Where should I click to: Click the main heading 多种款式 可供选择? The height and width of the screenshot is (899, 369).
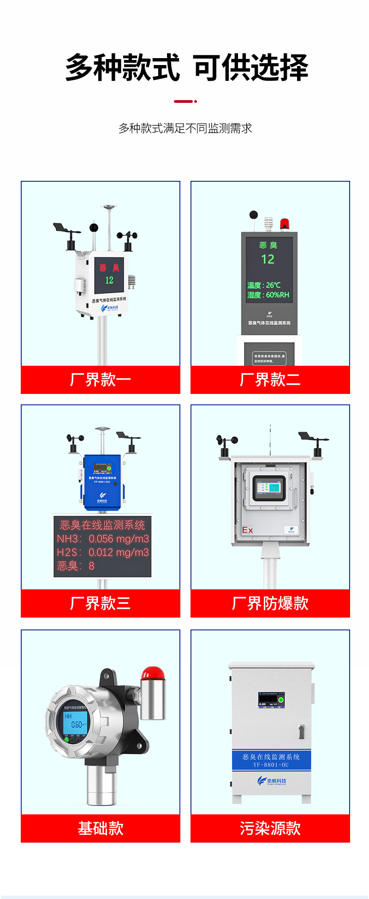[x=186, y=67]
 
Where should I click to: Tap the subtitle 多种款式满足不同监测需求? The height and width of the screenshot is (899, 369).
[x=185, y=128]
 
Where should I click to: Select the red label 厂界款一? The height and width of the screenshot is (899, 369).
[x=101, y=380]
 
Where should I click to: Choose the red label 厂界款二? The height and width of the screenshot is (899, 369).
[x=270, y=380]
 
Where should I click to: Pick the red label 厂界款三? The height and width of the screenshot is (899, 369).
[x=101, y=603]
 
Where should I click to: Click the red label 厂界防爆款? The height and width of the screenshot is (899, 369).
[x=270, y=603]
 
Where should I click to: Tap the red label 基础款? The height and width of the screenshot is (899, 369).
[x=101, y=828]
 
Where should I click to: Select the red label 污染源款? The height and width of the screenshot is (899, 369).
[x=270, y=828]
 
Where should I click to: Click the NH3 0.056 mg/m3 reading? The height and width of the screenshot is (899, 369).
[x=103, y=539]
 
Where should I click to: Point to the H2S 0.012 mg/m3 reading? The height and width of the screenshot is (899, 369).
[x=103, y=552]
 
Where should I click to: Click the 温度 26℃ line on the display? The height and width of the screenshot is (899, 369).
[x=264, y=285]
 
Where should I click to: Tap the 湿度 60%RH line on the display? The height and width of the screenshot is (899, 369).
[x=268, y=295]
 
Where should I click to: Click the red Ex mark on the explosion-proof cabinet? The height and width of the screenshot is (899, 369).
[x=248, y=530]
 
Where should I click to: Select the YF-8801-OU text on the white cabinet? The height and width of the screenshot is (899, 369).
[x=271, y=764]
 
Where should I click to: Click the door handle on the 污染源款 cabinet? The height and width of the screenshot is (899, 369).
[x=301, y=731]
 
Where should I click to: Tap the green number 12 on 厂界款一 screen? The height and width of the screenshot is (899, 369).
[x=109, y=280]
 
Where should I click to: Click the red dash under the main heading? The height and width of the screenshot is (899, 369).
[x=184, y=101]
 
